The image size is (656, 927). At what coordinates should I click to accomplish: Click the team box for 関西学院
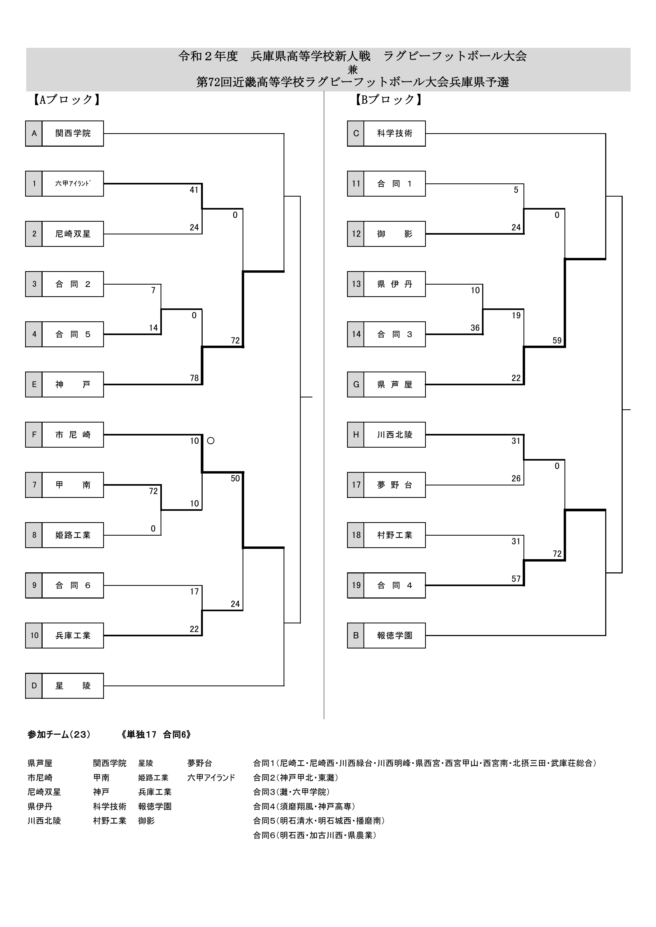(73, 133)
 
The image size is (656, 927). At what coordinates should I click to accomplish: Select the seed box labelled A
(34, 133)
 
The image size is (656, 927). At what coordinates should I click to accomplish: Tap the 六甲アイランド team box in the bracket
(73, 184)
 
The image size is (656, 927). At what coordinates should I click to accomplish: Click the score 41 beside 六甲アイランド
(194, 190)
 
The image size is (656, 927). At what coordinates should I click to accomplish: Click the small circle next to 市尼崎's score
(211, 441)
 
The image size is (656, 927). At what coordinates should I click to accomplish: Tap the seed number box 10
(34, 636)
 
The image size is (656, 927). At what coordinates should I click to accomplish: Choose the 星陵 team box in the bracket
(73, 685)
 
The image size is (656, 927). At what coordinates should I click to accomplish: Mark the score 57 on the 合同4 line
(516, 579)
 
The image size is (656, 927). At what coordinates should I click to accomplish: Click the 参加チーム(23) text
(59, 734)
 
